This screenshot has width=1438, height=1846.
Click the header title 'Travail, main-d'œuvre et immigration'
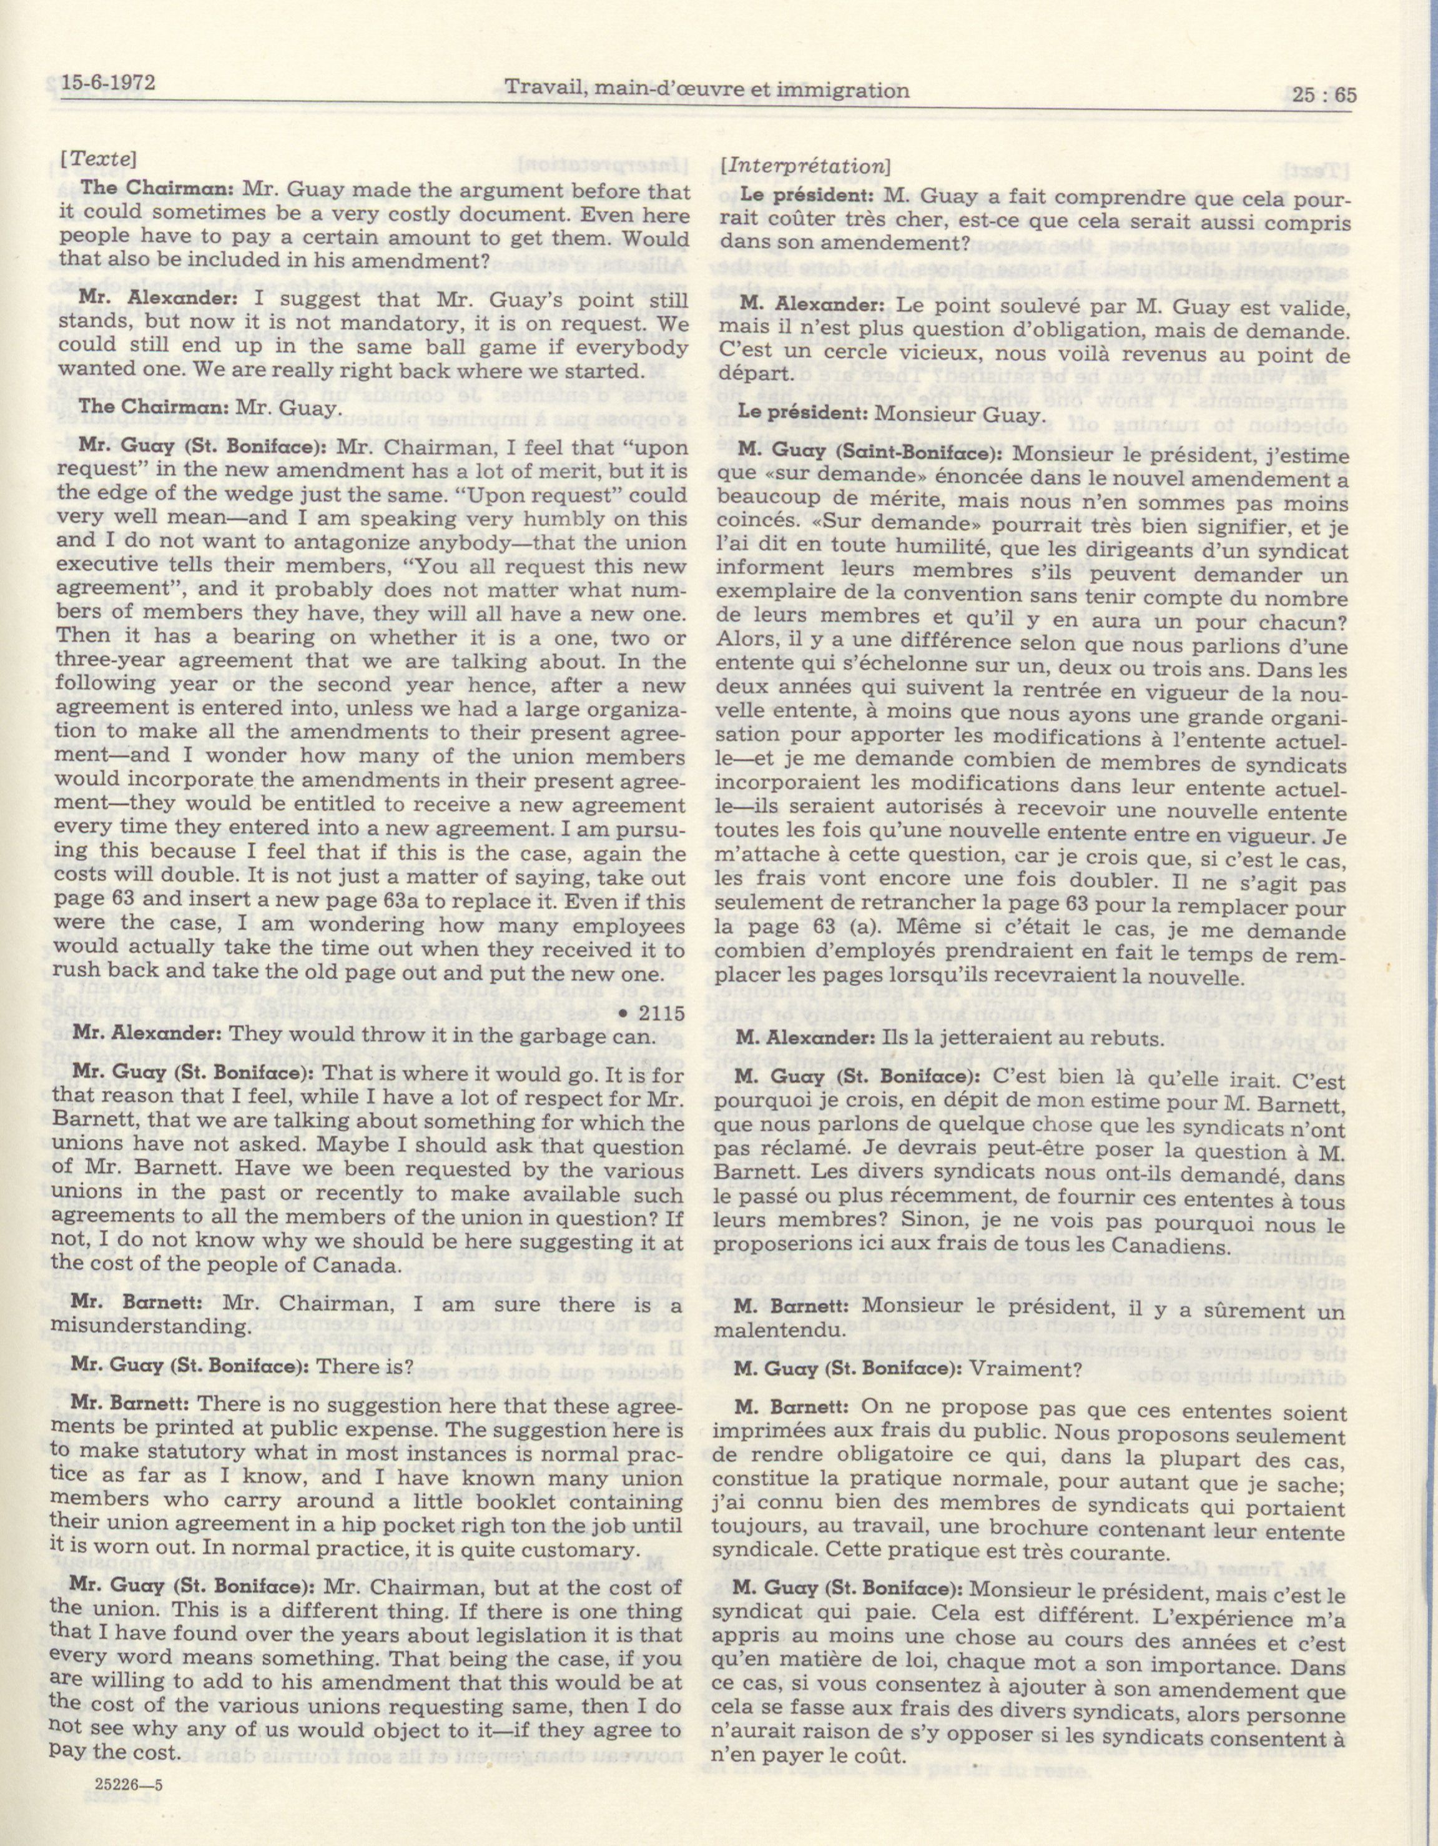tap(706, 89)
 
